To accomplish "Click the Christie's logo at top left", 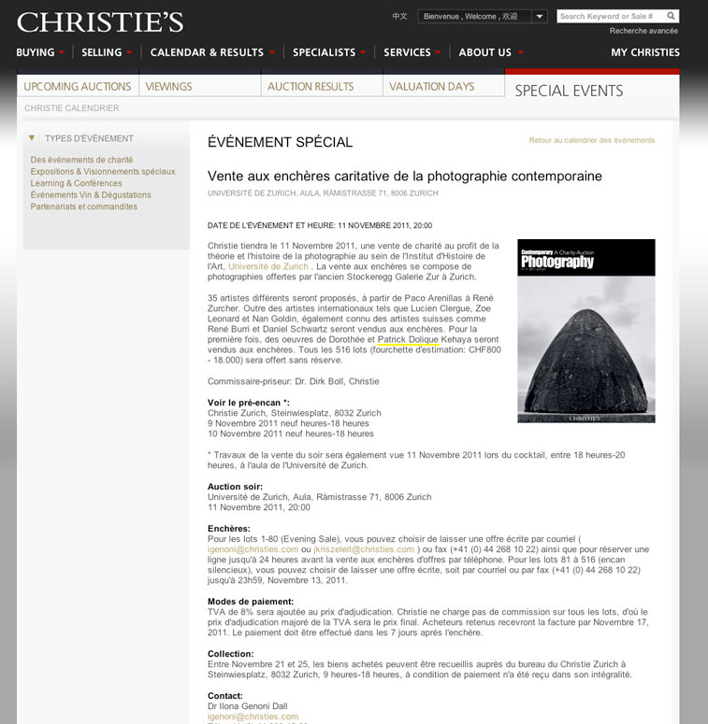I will point(100,22).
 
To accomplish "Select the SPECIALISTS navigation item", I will point(325,52).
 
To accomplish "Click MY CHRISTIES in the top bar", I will point(645,52).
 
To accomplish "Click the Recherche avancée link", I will point(644,31).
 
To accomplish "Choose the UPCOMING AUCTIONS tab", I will point(78,86).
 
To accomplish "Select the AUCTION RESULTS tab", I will point(311,86).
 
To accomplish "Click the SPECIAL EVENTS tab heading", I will point(569,91).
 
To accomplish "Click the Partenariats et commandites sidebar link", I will point(83,206).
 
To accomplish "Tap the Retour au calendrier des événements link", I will point(592,140).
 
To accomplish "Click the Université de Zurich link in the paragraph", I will point(268,266).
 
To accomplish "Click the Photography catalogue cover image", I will point(585,331).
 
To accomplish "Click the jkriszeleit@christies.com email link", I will point(364,549).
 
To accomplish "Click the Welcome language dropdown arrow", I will point(540,17).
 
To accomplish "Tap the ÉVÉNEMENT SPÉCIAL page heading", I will point(280,142).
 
